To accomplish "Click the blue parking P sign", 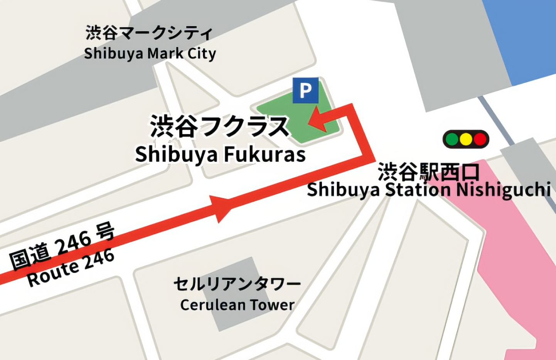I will point(305,91).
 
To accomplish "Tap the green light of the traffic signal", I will point(452,139).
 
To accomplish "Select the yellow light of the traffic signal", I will point(466,139).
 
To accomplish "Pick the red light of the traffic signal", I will point(480,139).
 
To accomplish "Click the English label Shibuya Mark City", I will point(150,54).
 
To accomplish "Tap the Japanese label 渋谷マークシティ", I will point(149,33).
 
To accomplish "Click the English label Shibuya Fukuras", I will point(220,155).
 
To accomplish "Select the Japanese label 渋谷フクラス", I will point(219,126).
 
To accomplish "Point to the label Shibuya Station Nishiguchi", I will point(428,190).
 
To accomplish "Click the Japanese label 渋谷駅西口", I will point(428,172).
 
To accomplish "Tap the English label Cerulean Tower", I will point(237,305).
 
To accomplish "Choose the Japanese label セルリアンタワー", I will point(237,284).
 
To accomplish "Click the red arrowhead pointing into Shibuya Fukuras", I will point(317,119).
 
